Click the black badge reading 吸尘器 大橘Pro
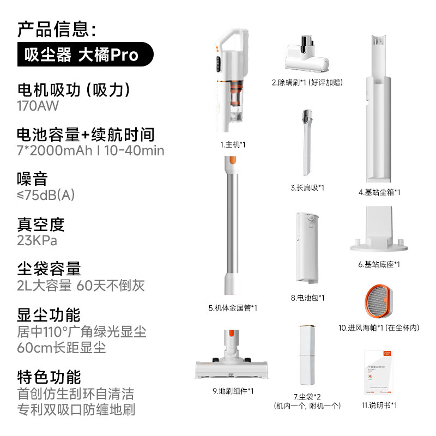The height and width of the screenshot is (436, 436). coord(85,55)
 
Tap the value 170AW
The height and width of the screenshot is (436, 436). coord(38,106)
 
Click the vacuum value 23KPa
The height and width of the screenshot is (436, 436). coord(37,240)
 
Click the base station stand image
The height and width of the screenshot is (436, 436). coord(379,232)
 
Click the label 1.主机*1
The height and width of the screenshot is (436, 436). coord(233,144)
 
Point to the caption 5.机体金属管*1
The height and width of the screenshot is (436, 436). coord(233,307)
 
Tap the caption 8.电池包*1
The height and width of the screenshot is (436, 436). coord(307,298)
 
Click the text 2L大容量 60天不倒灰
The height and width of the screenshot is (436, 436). coord(80,285)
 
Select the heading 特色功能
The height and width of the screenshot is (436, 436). coord(49,377)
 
